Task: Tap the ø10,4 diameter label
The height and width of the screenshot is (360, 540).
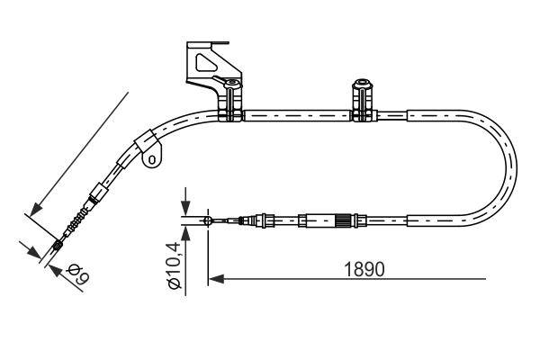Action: click(175, 264)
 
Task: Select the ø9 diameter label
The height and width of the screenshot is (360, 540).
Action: click(76, 272)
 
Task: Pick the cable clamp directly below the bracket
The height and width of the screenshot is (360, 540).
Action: click(232, 98)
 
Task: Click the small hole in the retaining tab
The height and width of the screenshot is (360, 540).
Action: click(152, 161)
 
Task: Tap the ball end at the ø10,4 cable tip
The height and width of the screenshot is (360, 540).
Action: click(208, 219)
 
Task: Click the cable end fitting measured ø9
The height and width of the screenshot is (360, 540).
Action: click(59, 243)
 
